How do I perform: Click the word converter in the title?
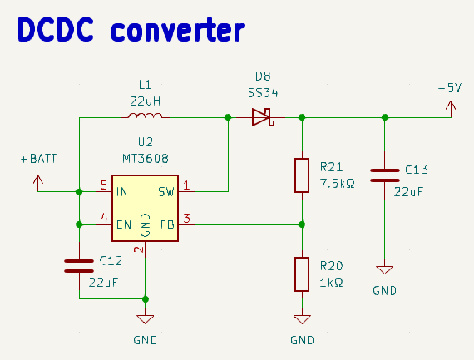coord(177,30)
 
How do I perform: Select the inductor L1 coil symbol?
coord(145,116)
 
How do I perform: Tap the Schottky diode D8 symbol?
coord(263,117)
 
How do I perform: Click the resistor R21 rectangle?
coord(302,175)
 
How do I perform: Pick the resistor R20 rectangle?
coord(302,274)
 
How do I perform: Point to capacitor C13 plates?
coord(384,175)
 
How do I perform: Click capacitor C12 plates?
coord(79,266)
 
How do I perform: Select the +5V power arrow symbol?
coord(451,109)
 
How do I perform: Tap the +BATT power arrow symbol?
coord(38,183)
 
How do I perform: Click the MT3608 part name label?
coord(146,159)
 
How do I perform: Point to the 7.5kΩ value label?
coord(338,184)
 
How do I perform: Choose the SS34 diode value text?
coord(263,93)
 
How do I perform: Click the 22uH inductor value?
coord(145,101)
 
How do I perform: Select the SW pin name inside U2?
coord(166,191)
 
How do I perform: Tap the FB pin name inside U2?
coord(167,224)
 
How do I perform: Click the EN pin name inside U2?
coord(124,224)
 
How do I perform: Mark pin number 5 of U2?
coord(104,185)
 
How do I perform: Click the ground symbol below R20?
coord(302,319)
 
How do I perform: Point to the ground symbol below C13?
coord(384,269)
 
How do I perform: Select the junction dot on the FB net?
coord(302,224)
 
